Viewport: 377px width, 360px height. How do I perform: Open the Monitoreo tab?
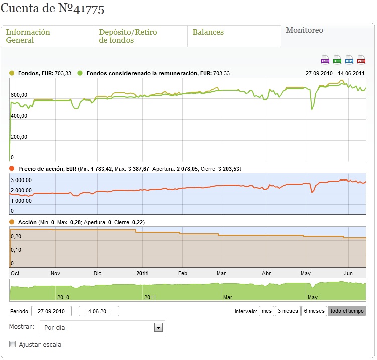click(304, 30)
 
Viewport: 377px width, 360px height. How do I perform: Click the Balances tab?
click(208, 32)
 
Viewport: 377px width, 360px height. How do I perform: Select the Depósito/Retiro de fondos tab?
click(128, 36)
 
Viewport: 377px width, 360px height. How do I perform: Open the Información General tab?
click(28, 36)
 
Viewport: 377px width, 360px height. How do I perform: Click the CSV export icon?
click(325, 60)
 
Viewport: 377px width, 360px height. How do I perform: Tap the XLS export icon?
click(337, 60)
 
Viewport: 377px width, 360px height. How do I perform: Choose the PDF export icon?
click(361, 60)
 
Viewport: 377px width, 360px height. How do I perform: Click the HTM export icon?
click(349, 60)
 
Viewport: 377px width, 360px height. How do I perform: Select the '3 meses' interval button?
click(288, 311)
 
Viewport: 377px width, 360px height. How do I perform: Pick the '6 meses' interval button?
click(314, 311)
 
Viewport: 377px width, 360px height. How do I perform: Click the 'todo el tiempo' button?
click(347, 311)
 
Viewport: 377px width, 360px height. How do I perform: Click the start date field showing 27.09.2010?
click(51, 311)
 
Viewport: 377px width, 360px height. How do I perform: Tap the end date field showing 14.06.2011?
click(99, 311)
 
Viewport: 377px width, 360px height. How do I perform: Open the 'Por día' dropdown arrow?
click(158, 327)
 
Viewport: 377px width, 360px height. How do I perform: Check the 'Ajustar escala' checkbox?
click(12, 344)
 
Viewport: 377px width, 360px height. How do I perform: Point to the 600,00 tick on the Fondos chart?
click(19, 95)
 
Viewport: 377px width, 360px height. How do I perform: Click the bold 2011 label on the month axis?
click(142, 273)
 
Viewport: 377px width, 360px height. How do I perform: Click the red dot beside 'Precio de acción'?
click(12, 169)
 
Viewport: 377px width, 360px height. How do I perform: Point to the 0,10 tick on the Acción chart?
click(16, 250)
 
